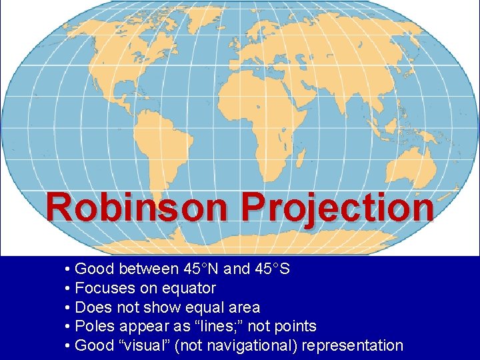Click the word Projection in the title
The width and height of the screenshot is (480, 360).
[x=337, y=208]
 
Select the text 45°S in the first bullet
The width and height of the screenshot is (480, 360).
[x=272, y=269]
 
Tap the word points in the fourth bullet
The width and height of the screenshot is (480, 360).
[x=294, y=327]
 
